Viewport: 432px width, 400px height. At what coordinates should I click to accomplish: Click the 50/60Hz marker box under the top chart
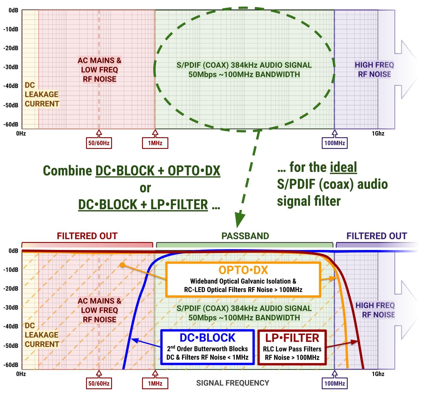[99, 143]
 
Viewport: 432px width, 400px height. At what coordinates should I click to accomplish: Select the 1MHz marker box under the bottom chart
[155, 383]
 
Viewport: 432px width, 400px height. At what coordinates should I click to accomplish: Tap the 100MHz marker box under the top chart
[335, 143]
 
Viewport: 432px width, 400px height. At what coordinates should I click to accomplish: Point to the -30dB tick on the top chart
[11, 67]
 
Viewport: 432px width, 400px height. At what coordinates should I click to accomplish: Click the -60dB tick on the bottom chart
[11, 365]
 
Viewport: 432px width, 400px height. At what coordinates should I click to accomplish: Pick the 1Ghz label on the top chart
[378, 134]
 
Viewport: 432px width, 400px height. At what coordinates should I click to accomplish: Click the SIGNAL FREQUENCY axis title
[232, 383]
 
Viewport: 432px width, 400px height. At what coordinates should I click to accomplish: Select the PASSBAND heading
[245, 236]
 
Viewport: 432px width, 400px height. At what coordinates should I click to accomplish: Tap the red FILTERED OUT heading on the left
[87, 236]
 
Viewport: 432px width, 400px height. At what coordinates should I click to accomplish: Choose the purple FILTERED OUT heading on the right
[377, 236]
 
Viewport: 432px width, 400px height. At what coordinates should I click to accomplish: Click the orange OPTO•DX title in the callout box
[243, 270]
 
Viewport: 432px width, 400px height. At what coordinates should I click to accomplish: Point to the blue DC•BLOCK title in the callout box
[207, 338]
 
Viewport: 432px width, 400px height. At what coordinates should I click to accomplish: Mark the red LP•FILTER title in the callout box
[292, 338]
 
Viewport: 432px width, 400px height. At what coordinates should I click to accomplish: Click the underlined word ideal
[343, 167]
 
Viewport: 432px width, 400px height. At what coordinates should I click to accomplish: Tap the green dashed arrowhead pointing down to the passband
[240, 220]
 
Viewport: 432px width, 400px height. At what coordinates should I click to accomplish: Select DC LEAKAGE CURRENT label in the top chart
[42, 94]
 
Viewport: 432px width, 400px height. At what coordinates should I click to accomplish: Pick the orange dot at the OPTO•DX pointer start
[123, 265]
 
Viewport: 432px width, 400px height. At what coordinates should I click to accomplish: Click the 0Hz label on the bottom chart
[21, 374]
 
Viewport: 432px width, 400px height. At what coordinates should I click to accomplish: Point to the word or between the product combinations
[145, 188]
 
